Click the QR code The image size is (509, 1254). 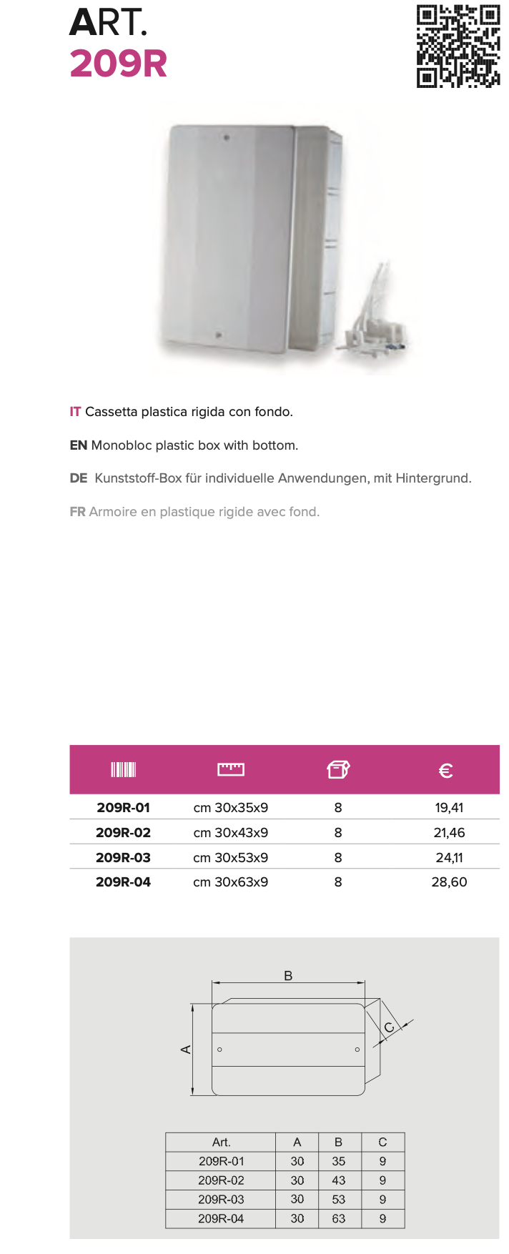[458, 46]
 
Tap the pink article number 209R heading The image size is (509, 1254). [119, 64]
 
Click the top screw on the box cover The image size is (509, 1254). [227, 137]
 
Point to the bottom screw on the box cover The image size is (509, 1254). [219, 334]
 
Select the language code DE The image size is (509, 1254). [79, 478]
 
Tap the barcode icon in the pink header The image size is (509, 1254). [123, 769]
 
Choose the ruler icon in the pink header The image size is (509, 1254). [231, 769]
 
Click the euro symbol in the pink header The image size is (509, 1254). [445, 771]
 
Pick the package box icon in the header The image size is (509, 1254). [338, 769]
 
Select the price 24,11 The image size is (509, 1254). [449, 857]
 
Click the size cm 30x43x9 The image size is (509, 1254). [231, 833]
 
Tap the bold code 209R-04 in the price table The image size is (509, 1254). [123, 882]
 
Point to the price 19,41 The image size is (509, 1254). [449, 808]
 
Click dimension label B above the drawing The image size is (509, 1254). [288, 976]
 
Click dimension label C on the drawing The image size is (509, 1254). [389, 1028]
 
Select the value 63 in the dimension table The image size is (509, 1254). [339, 1218]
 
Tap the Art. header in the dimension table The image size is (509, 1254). [221, 1142]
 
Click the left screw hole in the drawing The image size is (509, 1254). [219, 1050]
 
